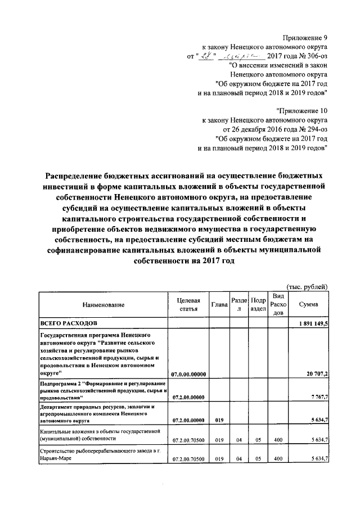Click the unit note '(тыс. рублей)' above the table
click(307, 286)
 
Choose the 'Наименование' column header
click(102, 305)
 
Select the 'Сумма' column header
click(309, 305)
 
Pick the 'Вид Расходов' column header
click(278, 305)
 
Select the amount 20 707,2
click(317, 374)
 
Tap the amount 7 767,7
click(318, 397)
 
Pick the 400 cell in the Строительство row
click(278, 459)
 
